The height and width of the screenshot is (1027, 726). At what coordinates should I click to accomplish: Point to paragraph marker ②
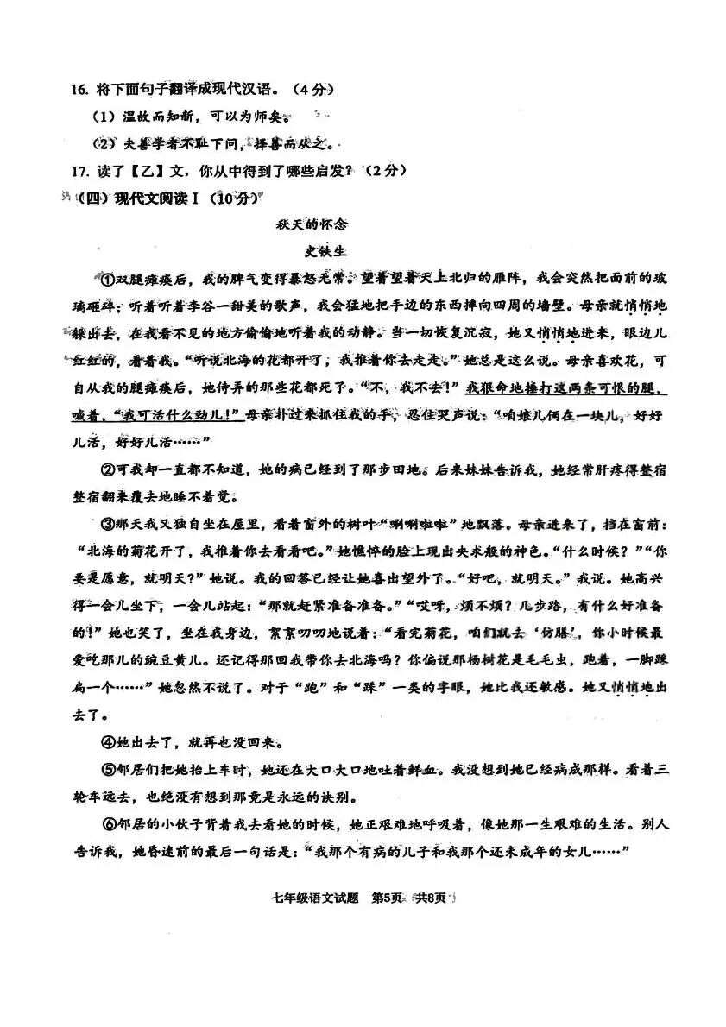pos(108,469)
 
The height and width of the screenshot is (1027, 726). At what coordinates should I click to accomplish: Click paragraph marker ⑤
pos(108,769)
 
